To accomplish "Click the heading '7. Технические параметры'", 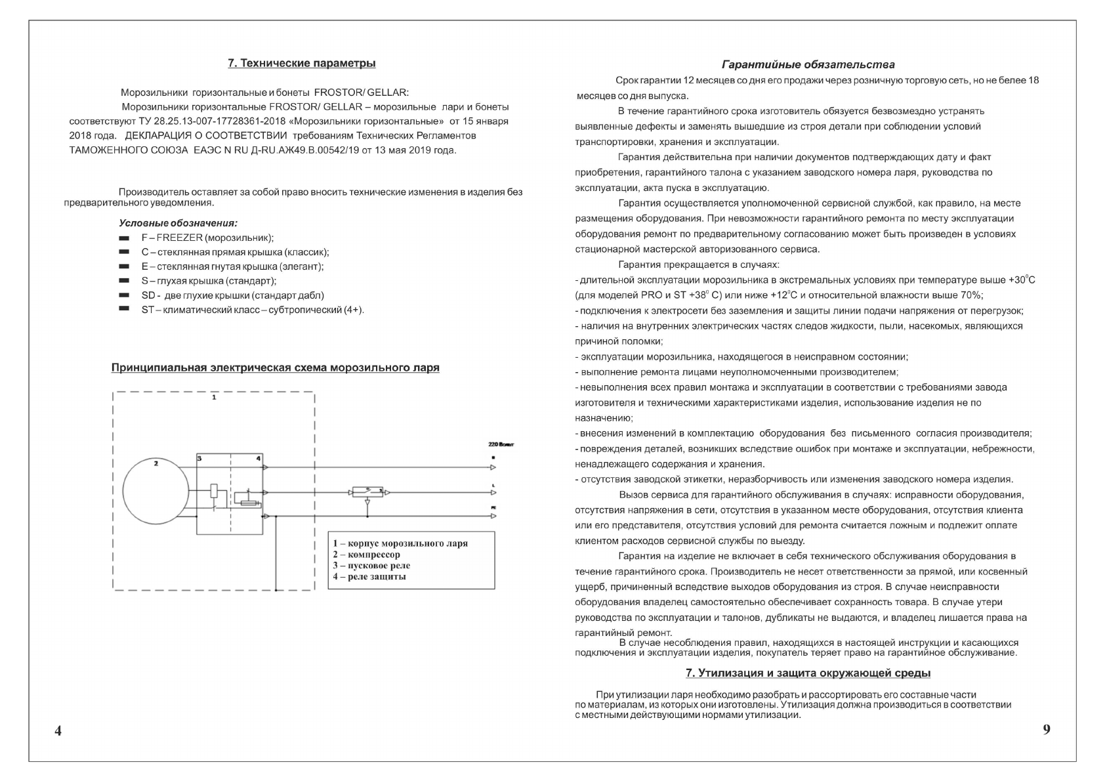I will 301,64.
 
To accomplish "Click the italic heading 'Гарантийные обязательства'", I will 808,65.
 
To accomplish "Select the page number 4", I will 58,731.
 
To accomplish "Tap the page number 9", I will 1047,729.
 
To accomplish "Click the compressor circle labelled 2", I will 156,492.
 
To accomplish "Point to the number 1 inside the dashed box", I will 214,398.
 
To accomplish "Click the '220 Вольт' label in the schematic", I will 501,445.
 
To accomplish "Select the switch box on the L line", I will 367,491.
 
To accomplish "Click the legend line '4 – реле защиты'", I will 369,577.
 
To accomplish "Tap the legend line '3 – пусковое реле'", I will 371,566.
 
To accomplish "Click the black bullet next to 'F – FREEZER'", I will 123,238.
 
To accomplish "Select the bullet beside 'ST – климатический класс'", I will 123,309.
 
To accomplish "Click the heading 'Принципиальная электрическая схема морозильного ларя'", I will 275,368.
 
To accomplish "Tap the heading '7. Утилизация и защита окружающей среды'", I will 808,673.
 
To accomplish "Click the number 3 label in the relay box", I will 199,458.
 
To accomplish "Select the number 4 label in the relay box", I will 258,458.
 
